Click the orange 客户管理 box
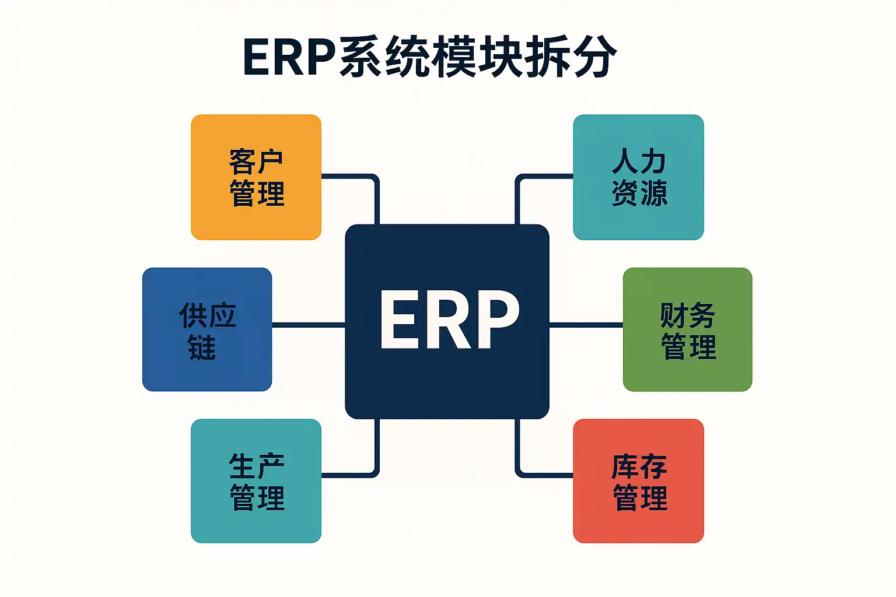coord(256,177)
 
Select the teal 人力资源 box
coord(638,177)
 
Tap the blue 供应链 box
coord(207,329)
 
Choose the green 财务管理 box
coord(688,329)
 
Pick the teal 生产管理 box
coord(256,480)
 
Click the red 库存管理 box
coord(638,480)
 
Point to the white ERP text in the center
coord(449,319)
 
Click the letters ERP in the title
coord(289,57)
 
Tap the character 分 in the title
coord(594,57)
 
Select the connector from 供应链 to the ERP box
coord(309,325)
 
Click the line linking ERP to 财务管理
coord(586,325)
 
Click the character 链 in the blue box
coord(202,347)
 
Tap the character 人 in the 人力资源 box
coord(624,161)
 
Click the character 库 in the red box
coord(625,466)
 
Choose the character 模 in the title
coord(454,57)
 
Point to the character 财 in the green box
coord(674,315)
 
